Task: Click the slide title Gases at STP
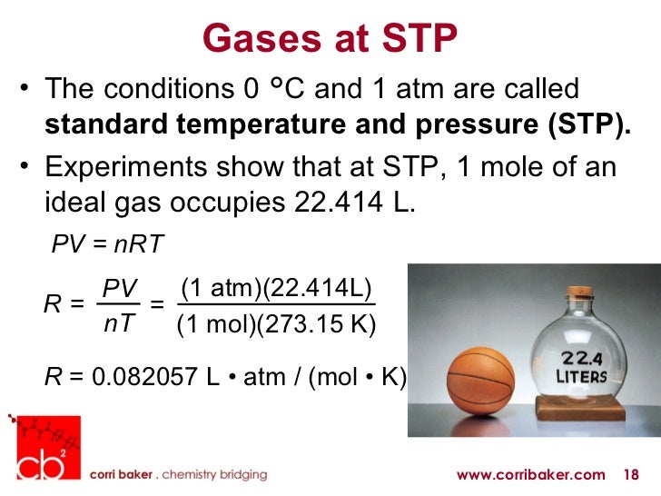coord(330,37)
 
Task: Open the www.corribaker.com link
coord(530,474)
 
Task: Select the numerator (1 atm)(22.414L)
coord(276,288)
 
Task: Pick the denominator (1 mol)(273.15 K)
coord(276,324)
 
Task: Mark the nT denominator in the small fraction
coord(117,322)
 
